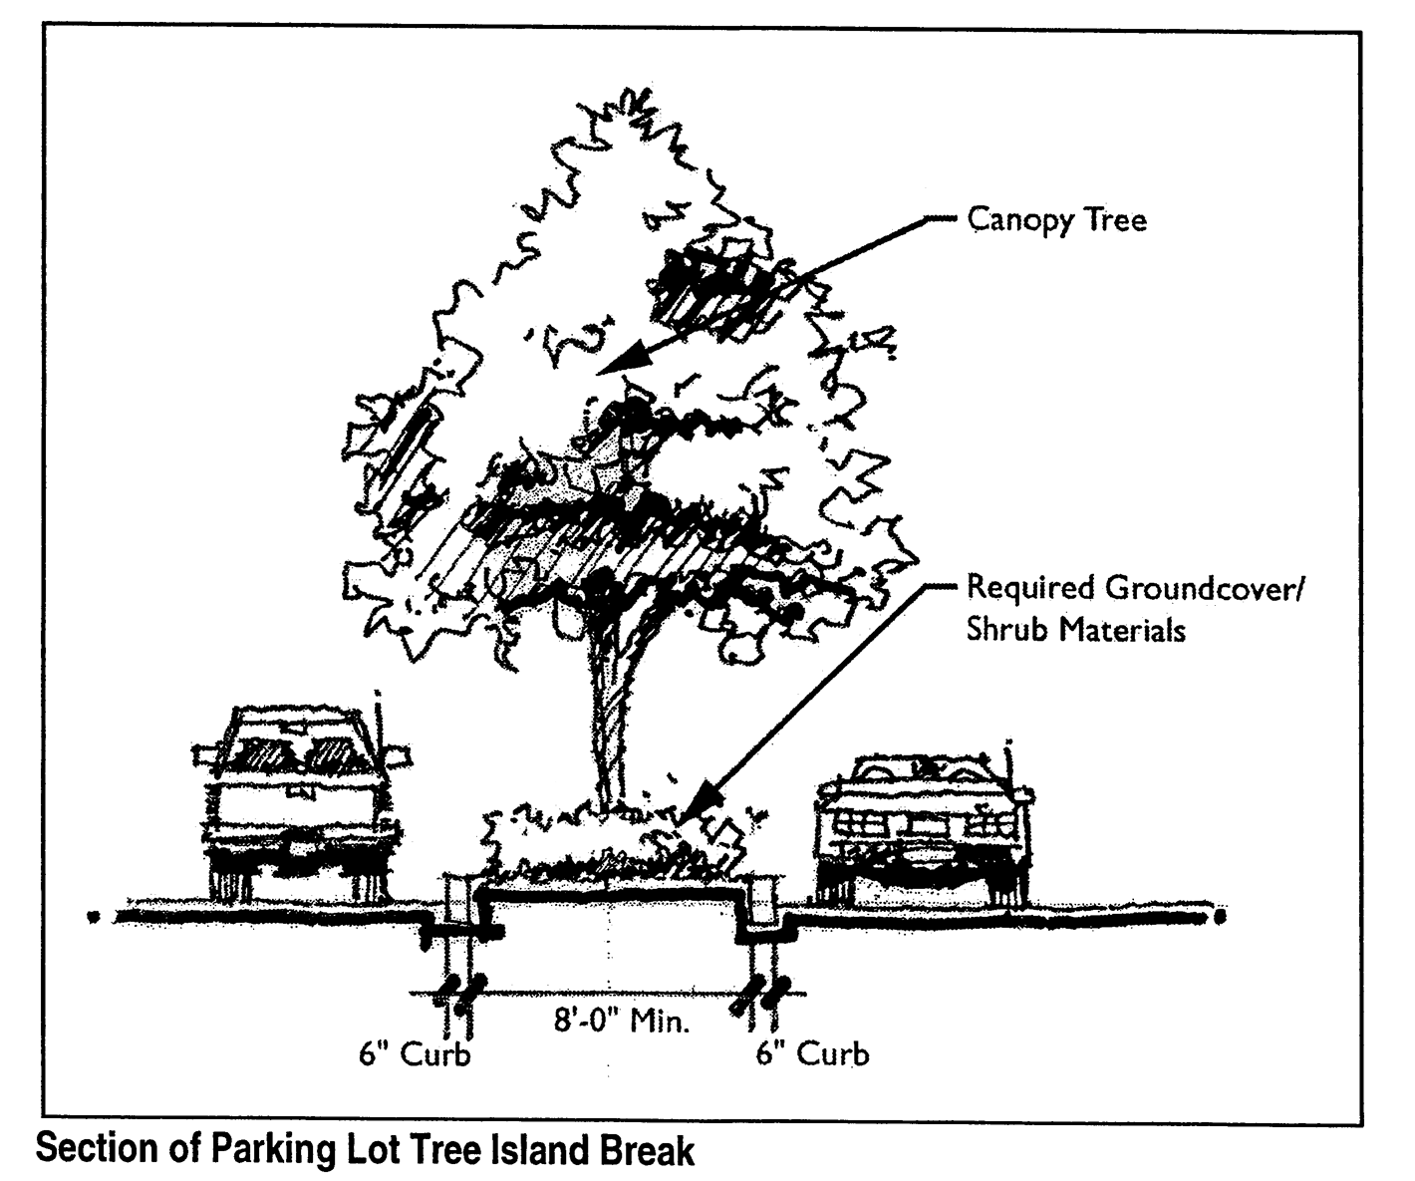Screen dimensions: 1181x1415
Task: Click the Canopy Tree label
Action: [1056, 219]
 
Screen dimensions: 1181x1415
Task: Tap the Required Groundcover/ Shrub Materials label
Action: [1134, 608]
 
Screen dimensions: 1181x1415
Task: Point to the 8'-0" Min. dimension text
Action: [622, 1022]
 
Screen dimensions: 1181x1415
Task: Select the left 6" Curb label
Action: [415, 1054]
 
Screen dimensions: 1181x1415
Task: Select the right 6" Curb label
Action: [812, 1053]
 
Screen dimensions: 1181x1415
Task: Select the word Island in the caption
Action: [540, 1151]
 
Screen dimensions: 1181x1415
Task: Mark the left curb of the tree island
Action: [459, 902]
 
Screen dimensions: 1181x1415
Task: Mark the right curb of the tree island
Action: [764, 902]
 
